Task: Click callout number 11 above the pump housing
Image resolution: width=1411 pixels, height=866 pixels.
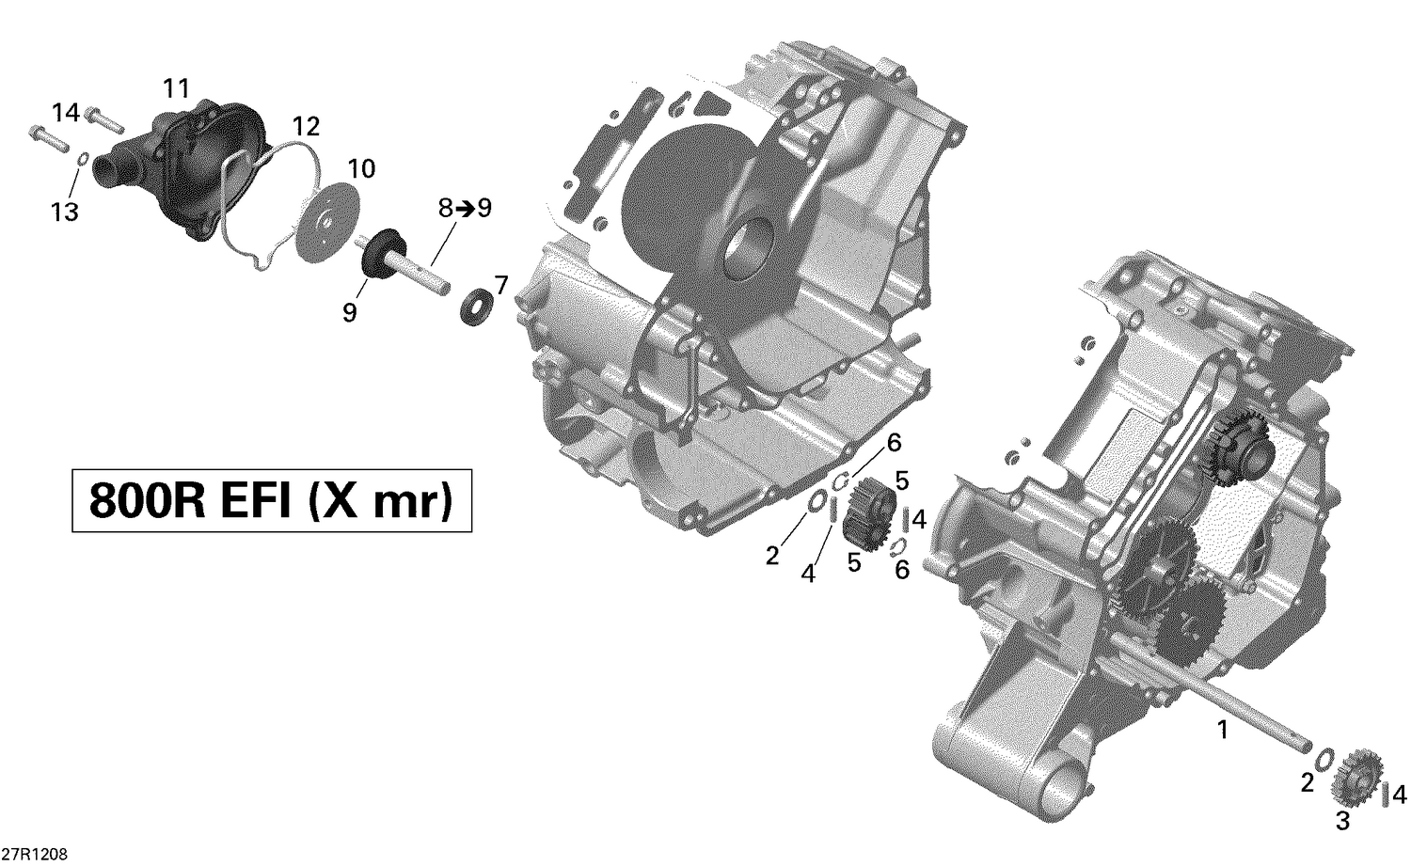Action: pyautogui.click(x=176, y=89)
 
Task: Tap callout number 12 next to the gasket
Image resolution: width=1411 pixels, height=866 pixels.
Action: pyautogui.click(x=306, y=126)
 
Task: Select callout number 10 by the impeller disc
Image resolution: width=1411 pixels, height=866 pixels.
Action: pyautogui.click(x=361, y=169)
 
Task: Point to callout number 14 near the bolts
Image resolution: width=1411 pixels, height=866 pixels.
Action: pyautogui.click(x=66, y=113)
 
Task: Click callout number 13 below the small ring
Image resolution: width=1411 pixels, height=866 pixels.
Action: pyautogui.click(x=65, y=213)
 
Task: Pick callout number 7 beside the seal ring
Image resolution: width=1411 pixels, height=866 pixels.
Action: pyautogui.click(x=500, y=285)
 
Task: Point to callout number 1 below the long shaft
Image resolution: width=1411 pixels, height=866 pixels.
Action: pyautogui.click(x=1222, y=729)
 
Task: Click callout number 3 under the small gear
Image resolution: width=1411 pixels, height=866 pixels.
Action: pyautogui.click(x=1342, y=821)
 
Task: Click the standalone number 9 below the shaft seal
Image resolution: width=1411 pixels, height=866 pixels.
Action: pyautogui.click(x=349, y=313)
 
